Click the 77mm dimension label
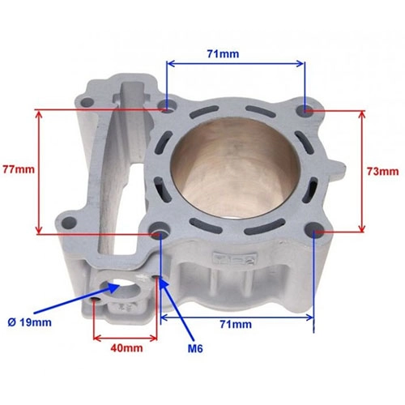(x=19, y=169)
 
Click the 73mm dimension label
(x=382, y=171)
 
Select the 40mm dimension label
(x=126, y=347)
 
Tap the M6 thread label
(x=195, y=348)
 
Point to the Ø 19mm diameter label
(x=29, y=322)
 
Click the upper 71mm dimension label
(x=223, y=53)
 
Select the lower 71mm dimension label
(x=236, y=324)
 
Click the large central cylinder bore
(x=236, y=168)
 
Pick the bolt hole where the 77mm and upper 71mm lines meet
(x=167, y=106)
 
